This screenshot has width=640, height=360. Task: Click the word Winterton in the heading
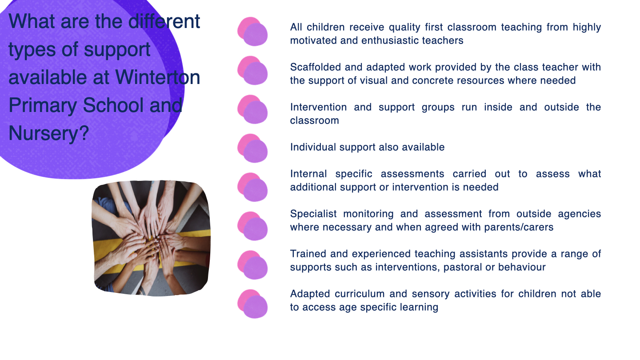click(157, 77)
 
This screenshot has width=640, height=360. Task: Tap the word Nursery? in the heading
click(49, 133)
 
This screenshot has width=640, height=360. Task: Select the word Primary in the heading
click(43, 106)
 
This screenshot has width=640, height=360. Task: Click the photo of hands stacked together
click(151, 238)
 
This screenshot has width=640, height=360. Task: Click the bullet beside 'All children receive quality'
click(252, 32)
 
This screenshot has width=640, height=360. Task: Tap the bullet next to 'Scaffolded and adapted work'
click(252, 70)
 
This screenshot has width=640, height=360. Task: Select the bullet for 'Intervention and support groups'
click(252, 109)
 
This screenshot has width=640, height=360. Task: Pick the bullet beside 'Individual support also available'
click(252, 148)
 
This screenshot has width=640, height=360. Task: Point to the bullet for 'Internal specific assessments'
click(252, 187)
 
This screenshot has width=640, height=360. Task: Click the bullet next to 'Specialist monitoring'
click(252, 226)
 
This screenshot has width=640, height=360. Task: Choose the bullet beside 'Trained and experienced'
click(252, 265)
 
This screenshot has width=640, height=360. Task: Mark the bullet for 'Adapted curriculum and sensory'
click(252, 304)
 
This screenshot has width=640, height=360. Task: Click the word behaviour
click(522, 267)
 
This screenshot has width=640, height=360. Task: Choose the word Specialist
click(313, 214)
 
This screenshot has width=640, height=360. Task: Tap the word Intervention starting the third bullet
click(318, 107)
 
